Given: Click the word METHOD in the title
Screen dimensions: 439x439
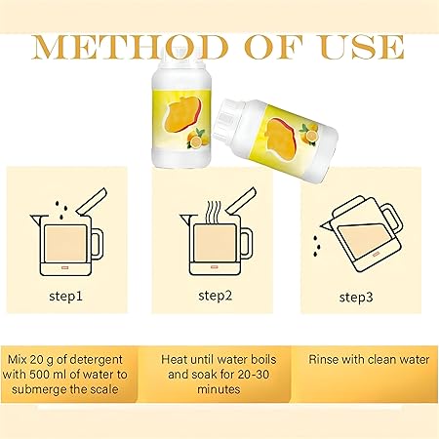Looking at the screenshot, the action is pos(130,47).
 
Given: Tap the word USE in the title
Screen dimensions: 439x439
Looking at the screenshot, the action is pos(362,47).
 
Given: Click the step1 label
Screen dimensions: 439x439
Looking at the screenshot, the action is pos(66,297).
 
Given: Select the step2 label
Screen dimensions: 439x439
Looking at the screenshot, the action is pos(216,296).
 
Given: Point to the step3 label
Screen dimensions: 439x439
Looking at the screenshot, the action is pos(356,298).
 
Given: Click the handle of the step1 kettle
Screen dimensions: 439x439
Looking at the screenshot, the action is pos(98,243).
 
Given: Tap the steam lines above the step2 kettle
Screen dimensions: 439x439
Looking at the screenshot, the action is pos(214,212).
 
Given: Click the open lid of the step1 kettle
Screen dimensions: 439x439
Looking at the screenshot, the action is pos(92,202).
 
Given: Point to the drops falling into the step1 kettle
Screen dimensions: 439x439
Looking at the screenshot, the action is pos(61,210).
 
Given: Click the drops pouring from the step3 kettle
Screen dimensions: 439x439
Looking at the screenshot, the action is pos(316,246).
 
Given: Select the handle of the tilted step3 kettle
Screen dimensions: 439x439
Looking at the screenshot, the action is pos(392,218).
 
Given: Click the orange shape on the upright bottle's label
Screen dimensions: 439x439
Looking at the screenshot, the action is pos(182,115).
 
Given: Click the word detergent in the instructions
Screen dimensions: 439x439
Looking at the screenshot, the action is pos(96,360).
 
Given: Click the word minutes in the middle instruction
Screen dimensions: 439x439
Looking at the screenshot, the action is pos(219,389).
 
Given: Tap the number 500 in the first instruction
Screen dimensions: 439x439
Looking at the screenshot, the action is pos(40,375).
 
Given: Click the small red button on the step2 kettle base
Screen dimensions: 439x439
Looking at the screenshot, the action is pos(214,267).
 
